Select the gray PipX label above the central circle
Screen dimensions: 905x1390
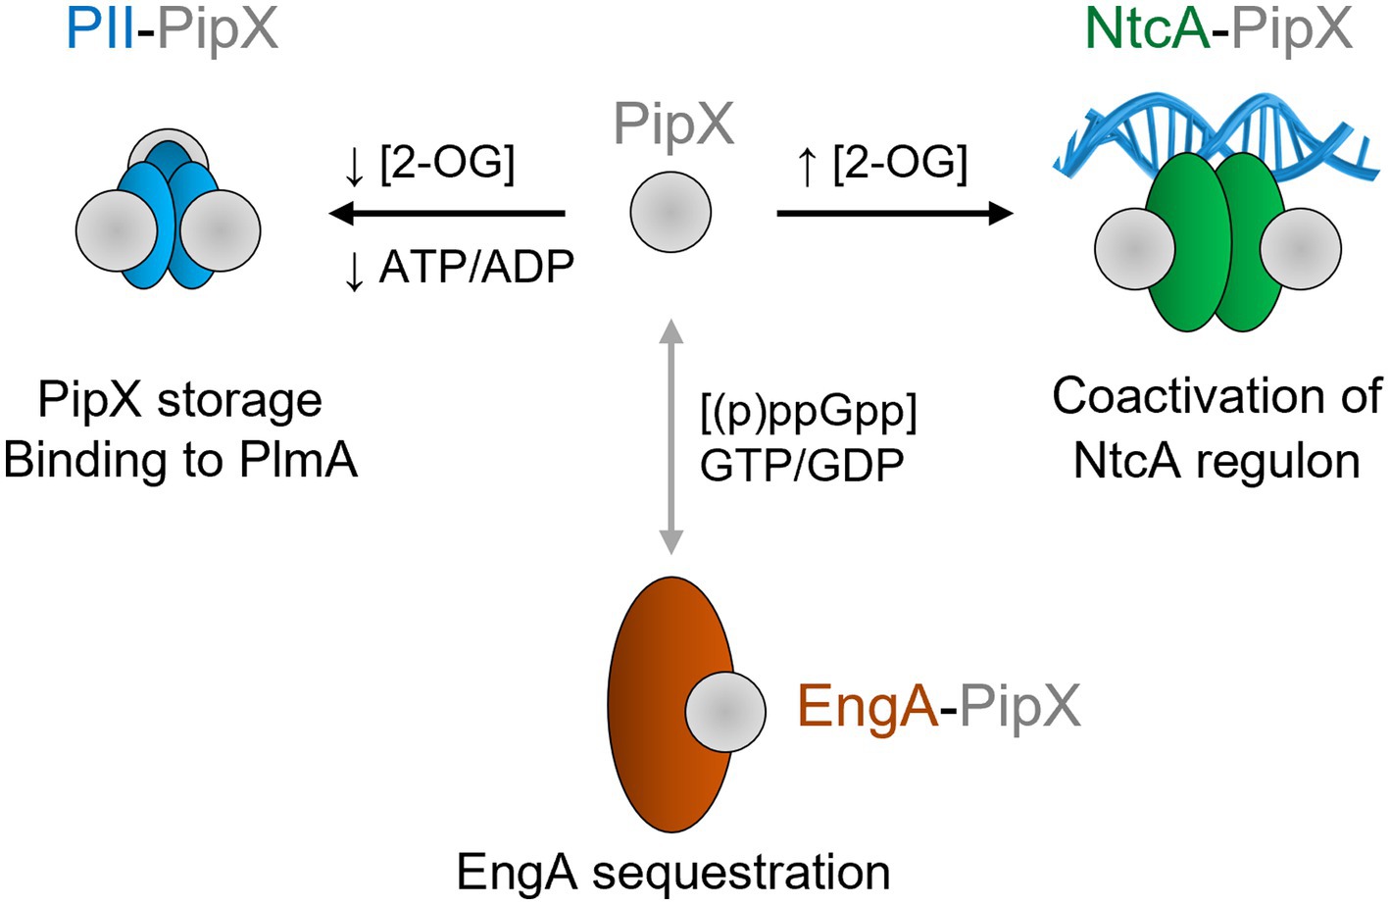673,125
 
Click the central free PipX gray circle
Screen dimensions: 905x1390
670,212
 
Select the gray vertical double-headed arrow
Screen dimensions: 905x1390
670,436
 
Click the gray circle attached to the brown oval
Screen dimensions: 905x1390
724,712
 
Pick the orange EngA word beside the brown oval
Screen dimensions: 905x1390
867,706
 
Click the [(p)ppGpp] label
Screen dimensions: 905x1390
808,412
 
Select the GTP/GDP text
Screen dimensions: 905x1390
802,464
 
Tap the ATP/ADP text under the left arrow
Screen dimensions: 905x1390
476,267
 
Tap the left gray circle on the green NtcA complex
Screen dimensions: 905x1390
1134,248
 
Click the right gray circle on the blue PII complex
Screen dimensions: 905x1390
220,229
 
